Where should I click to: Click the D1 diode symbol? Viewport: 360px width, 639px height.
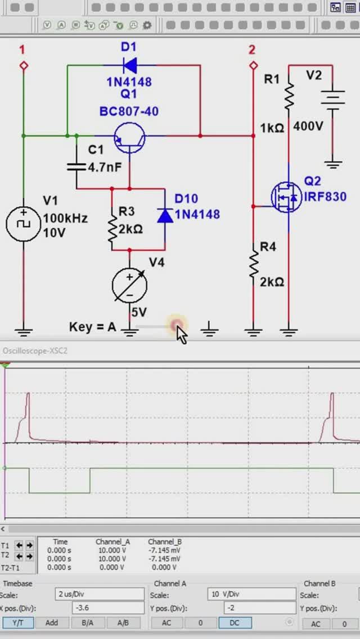(129, 65)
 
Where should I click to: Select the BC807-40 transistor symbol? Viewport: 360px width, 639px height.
(129, 137)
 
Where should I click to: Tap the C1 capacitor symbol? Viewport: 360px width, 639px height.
(77, 166)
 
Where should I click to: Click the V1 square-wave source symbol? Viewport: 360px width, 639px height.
(23, 223)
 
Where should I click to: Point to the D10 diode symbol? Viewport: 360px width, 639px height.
(165, 215)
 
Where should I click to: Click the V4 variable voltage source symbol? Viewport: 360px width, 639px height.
(130, 284)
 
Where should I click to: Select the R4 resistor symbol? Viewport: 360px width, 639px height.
(253, 264)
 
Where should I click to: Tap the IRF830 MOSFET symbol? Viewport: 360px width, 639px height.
(286, 197)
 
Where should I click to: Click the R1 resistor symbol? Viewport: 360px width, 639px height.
(289, 97)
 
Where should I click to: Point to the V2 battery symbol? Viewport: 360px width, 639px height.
(333, 100)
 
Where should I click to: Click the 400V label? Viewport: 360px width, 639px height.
(308, 127)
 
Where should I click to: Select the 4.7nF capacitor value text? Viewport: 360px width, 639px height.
(105, 167)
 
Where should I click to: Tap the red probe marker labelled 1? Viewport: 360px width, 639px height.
(24, 65)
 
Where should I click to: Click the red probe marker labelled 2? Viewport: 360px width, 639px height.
(253, 65)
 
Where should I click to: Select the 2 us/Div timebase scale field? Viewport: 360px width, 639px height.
(100, 595)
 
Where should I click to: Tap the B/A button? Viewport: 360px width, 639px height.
(87, 623)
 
